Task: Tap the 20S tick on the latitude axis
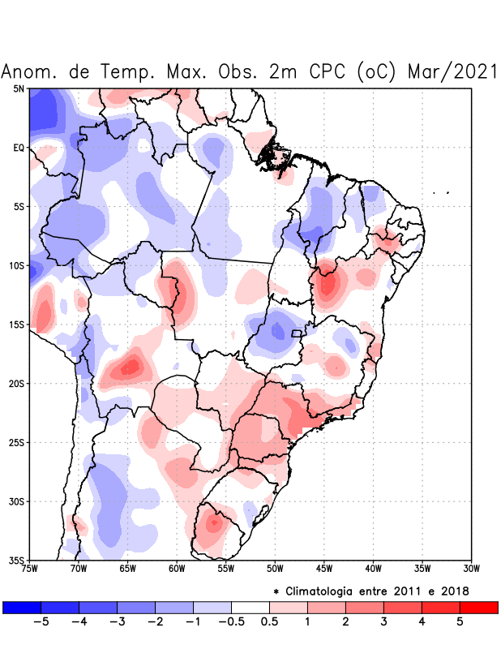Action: [x=17, y=383]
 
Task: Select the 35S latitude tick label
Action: [x=17, y=560]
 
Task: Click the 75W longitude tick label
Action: [x=29, y=569]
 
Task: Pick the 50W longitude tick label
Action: [x=275, y=569]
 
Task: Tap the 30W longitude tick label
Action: [x=472, y=569]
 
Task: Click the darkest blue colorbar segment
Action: [x=22, y=607]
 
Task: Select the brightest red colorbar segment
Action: [x=478, y=607]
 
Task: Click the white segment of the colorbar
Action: [x=250, y=607]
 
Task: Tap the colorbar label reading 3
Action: [x=383, y=622]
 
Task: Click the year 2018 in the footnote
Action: [x=453, y=591]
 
